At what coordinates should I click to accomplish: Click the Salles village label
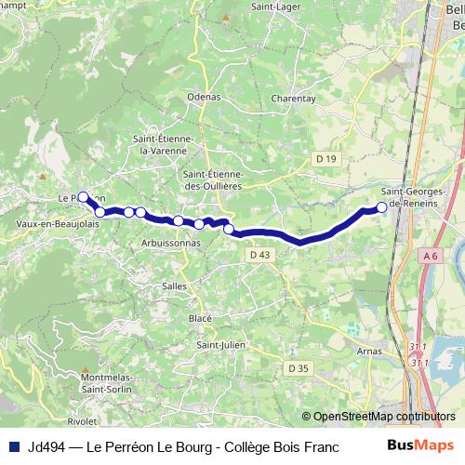click(x=175, y=286)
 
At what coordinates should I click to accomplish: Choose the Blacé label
click(x=200, y=318)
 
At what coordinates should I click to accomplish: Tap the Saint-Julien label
click(x=220, y=345)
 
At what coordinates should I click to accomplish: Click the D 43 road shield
click(x=259, y=255)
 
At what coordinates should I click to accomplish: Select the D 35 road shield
click(x=298, y=369)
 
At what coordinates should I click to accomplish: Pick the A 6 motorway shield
click(x=429, y=255)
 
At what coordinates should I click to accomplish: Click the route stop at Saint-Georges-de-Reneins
click(x=381, y=207)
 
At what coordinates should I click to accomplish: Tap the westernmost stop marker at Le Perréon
click(x=83, y=196)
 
